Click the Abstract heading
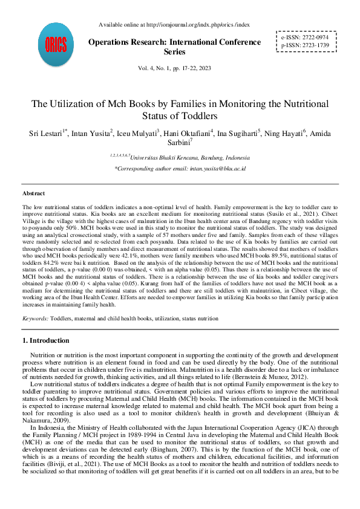click(33, 193)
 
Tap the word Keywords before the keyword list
click(35, 318)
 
